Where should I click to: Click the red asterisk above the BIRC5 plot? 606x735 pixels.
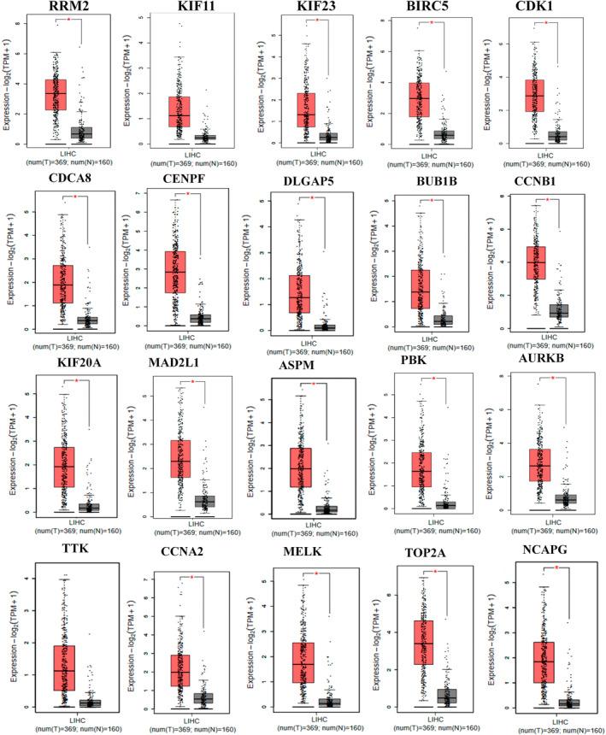[x=431, y=22]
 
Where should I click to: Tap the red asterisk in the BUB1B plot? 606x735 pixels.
[x=432, y=201]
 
